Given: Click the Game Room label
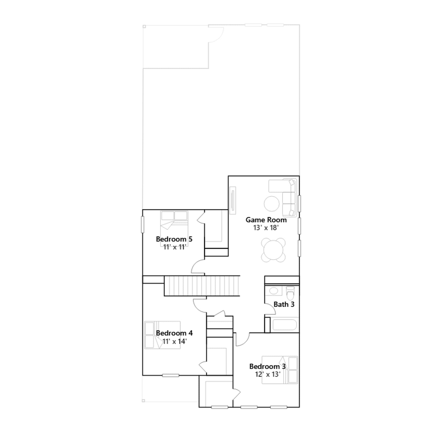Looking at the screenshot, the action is coord(266,220).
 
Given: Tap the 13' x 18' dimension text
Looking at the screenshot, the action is coord(266,228).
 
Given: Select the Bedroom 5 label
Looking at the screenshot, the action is coord(174,239).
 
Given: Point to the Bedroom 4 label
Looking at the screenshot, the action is coord(174,333).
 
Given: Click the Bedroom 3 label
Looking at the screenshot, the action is coord(267,366).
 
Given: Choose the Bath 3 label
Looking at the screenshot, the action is coord(284,304).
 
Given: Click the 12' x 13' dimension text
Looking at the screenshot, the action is coord(268,374).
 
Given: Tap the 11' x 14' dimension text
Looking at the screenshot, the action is coord(174,341).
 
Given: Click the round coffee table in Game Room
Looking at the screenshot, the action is coord(272,204).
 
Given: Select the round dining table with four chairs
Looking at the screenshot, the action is coord(273,250).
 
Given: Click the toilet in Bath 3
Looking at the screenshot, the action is coord(290,293).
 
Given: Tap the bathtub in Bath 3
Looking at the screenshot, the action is coord(285,325).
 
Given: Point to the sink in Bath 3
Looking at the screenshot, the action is coord(274,291).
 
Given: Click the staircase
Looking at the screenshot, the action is coord(202,286).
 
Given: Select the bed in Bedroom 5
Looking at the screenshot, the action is coord(174,228).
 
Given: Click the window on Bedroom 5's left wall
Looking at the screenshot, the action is coord(143,224).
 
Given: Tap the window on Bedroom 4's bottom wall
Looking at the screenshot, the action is coord(171,375).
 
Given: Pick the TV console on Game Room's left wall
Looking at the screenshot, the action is coord(233,200).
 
